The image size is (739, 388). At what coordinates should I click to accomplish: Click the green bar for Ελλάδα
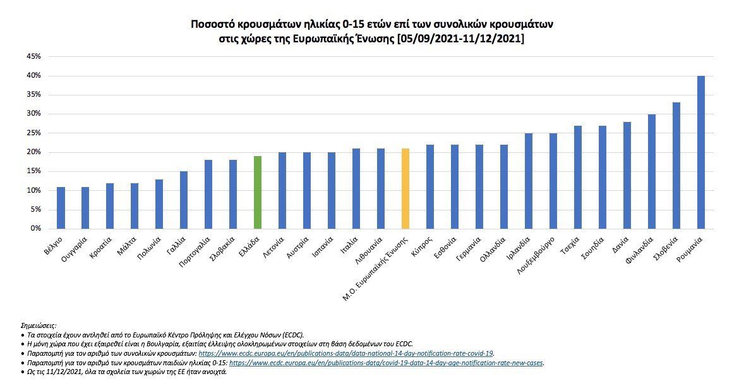(258, 192)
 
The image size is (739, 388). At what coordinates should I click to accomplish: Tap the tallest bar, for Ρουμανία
(701, 152)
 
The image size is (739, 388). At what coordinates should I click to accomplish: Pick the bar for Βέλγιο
(61, 208)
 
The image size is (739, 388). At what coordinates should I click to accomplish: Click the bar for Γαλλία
(184, 200)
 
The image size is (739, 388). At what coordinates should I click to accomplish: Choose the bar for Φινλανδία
(652, 171)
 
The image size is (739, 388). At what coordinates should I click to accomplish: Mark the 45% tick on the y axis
(33, 57)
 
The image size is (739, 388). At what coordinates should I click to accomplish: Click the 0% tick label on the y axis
(35, 229)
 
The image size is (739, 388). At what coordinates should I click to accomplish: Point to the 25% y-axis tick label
(33, 133)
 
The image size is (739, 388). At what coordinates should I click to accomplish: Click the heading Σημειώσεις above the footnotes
(39, 324)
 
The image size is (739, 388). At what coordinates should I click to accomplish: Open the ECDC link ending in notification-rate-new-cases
(386, 363)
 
